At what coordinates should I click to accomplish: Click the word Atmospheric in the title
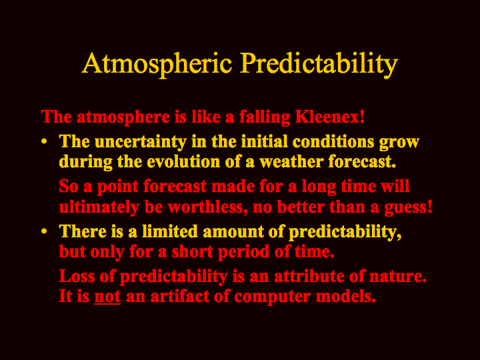(157, 64)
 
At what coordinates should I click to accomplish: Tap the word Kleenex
(330, 117)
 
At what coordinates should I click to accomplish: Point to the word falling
(264, 117)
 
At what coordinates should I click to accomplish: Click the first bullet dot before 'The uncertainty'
(45, 142)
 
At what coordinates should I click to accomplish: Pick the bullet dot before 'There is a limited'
(45, 231)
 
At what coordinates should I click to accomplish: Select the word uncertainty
(140, 142)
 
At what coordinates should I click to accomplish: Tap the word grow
(399, 143)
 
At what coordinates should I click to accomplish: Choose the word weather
(291, 161)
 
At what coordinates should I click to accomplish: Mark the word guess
(408, 208)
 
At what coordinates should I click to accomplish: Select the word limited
(170, 231)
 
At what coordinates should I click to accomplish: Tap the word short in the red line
(192, 251)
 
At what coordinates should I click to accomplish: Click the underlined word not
(107, 297)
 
